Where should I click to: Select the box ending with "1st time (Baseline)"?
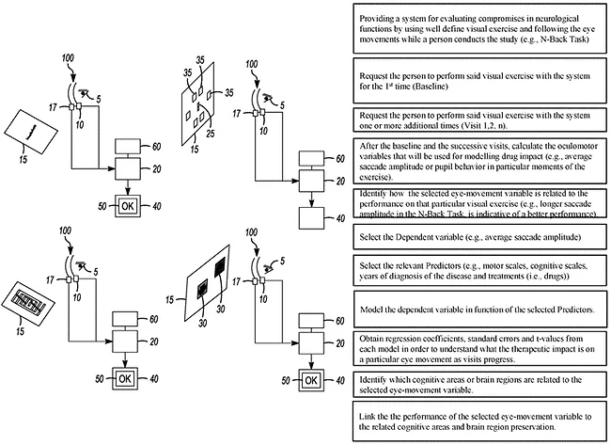pyautogui.click(x=480, y=79)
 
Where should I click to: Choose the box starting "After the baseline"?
pyautogui.click(x=480, y=162)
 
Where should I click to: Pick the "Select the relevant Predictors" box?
pyautogui.click(x=480, y=271)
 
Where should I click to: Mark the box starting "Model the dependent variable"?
pyautogui.click(x=480, y=310)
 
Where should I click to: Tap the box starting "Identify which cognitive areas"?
pyautogui.click(x=480, y=385)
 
